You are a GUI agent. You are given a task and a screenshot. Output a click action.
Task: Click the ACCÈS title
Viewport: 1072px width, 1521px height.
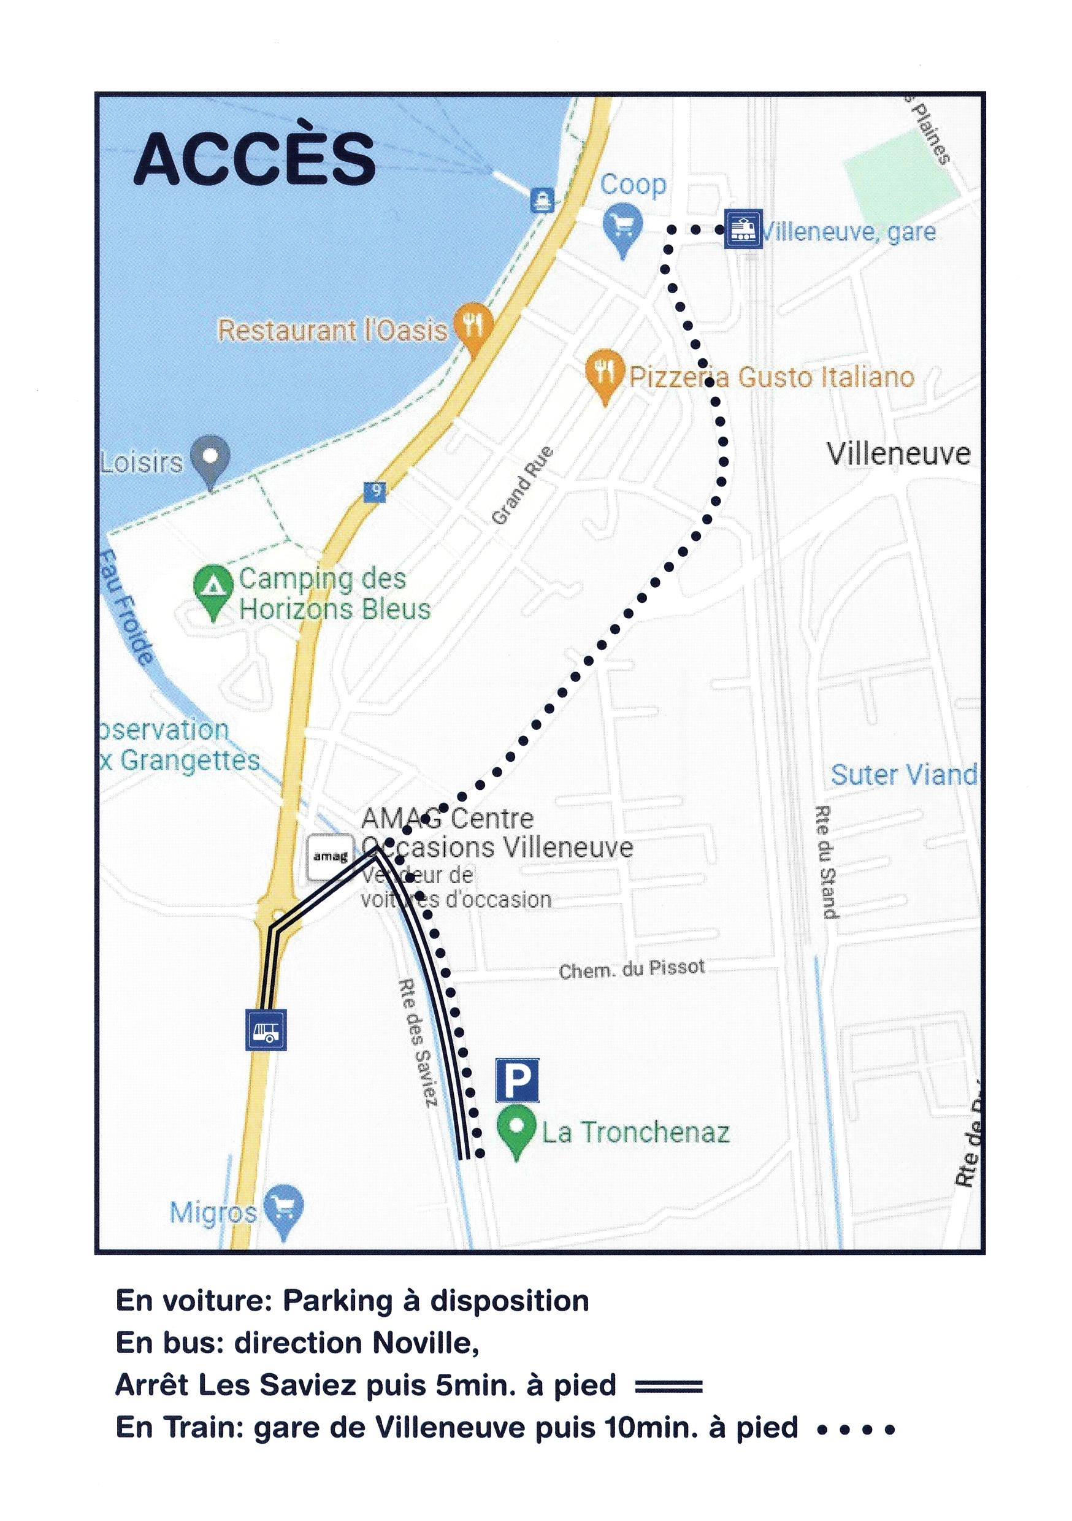(255, 158)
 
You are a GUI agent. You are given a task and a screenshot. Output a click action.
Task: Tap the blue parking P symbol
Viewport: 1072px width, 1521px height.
(517, 1080)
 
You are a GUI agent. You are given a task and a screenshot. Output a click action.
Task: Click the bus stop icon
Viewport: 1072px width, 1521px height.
(266, 1030)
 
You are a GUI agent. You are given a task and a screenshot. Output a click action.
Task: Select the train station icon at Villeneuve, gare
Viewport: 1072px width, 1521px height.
(743, 229)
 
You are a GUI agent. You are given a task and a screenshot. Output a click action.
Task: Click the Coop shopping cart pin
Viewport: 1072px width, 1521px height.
(622, 226)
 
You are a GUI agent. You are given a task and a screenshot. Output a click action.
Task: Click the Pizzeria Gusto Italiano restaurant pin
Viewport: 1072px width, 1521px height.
(604, 373)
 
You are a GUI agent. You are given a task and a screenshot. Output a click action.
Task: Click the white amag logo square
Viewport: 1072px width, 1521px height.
(330, 858)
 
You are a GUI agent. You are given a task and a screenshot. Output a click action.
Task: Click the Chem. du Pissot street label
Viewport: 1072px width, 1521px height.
(632, 970)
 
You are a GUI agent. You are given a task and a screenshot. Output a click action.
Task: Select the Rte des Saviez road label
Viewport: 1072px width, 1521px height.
(418, 1042)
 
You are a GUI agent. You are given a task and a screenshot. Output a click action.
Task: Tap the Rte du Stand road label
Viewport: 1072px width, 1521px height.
(826, 861)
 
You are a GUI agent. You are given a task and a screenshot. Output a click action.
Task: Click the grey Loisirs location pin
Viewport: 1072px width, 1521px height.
(210, 458)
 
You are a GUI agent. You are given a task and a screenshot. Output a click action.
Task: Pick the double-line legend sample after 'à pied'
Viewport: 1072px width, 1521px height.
(668, 1385)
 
